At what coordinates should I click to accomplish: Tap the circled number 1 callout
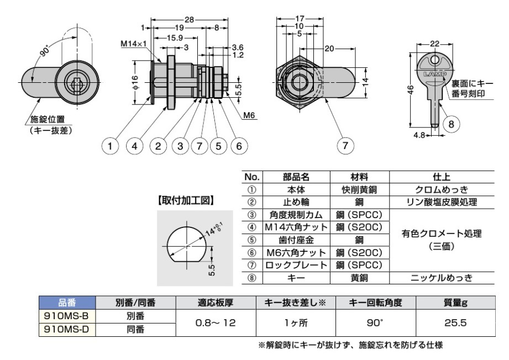tap(111, 146)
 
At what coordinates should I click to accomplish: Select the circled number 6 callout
tap(238, 146)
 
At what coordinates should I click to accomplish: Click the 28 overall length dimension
tap(190, 19)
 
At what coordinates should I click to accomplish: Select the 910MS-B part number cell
tap(66, 317)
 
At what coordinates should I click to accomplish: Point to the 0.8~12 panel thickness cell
tap(215, 323)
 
